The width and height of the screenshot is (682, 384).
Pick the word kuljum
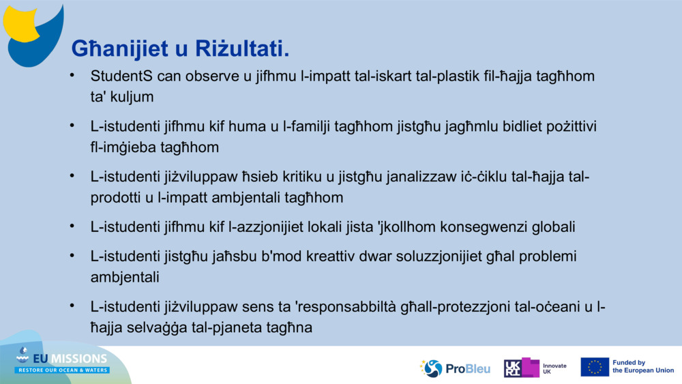(x=130, y=97)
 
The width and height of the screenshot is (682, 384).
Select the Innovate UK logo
(x=535, y=368)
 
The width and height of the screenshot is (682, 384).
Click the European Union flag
(x=595, y=367)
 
